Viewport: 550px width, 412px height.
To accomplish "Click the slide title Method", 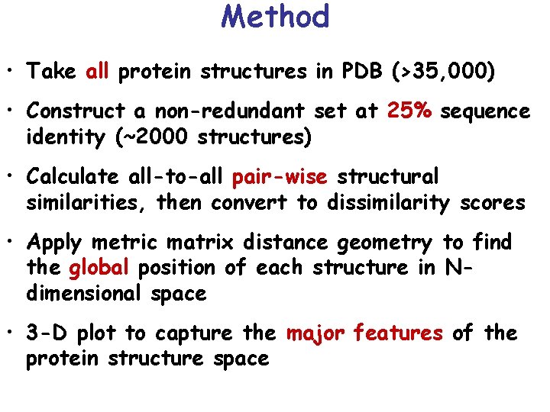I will coord(275,16).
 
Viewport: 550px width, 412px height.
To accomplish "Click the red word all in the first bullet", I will coord(98,72).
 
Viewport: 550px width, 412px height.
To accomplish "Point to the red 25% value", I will coord(410,111).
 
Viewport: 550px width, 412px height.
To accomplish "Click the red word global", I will coord(99,269).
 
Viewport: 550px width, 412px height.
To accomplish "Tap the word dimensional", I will coord(84,294).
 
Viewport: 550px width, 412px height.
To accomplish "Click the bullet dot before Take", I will coord(11,72).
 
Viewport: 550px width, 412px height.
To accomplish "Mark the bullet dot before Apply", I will coord(11,243).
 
